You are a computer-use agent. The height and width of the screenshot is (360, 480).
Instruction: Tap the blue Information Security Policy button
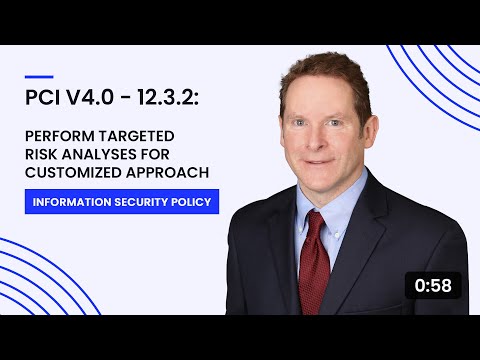click(122, 201)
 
